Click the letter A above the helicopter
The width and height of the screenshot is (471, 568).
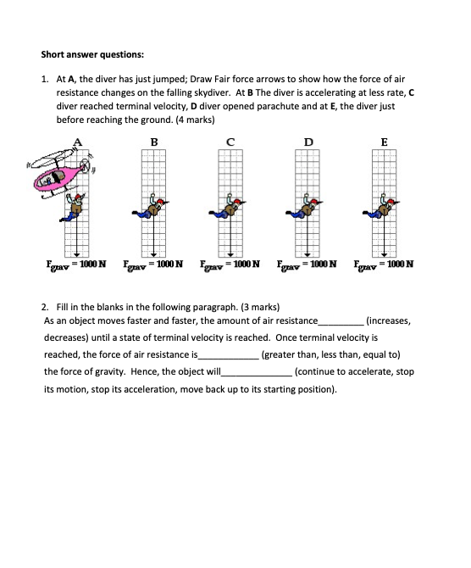click(79, 142)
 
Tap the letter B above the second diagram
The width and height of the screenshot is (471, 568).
click(155, 142)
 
